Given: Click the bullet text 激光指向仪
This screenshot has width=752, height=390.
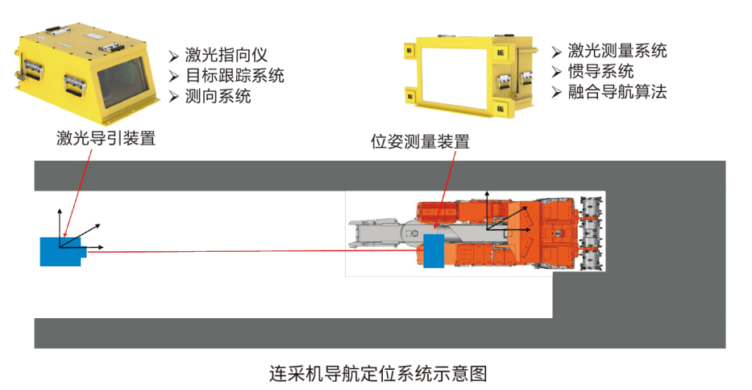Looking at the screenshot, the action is [x=226, y=55].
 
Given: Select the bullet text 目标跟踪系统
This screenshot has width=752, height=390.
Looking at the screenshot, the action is [x=235, y=75].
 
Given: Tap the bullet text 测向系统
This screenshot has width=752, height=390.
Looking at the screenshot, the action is [x=218, y=96].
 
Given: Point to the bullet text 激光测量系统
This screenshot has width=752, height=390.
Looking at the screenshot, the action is [x=617, y=50].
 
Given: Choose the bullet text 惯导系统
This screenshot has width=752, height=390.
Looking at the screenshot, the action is [x=601, y=71].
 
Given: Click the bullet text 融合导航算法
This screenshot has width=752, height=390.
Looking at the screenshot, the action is [x=617, y=91].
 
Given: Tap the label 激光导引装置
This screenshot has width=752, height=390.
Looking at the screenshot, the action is [x=106, y=138].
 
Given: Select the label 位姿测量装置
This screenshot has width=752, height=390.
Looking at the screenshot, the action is [x=420, y=141].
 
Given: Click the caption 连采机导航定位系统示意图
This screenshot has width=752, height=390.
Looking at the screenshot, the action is [x=378, y=373].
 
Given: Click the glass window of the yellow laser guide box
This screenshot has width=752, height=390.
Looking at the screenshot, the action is [x=123, y=82].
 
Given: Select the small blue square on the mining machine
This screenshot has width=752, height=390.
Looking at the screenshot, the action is [x=434, y=250].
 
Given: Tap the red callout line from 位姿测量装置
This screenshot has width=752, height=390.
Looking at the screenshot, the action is [x=444, y=189].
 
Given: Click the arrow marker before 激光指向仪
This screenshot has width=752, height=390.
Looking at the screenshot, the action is [x=173, y=57].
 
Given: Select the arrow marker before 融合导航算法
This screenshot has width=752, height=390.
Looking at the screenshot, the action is [x=556, y=92].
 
